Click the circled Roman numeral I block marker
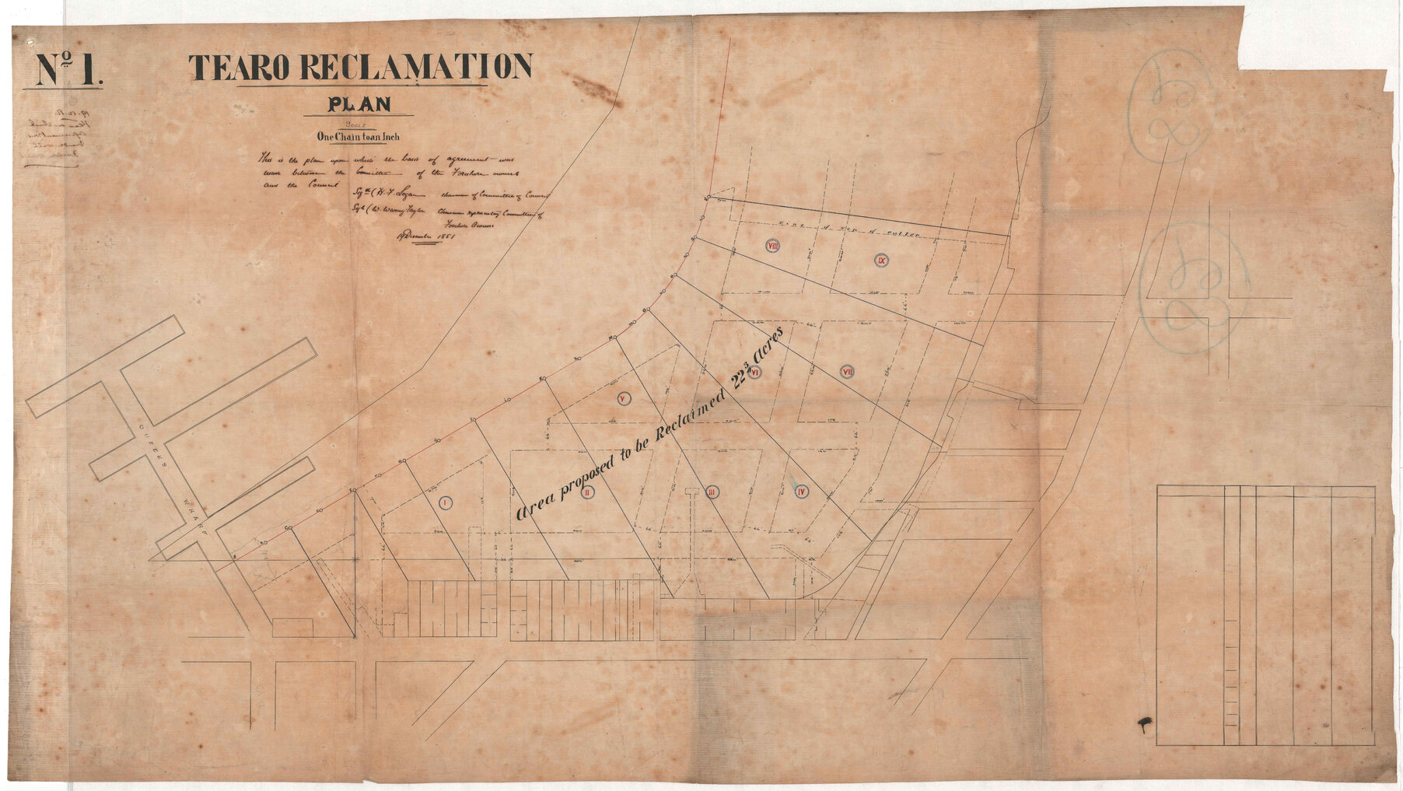coord(445,502)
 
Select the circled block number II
coord(589,492)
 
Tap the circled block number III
coord(711,492)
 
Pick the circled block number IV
coord(802,491)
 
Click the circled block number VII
coord(848,372)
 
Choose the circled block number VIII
coord(773,245)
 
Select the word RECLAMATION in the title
coord(415,68)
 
